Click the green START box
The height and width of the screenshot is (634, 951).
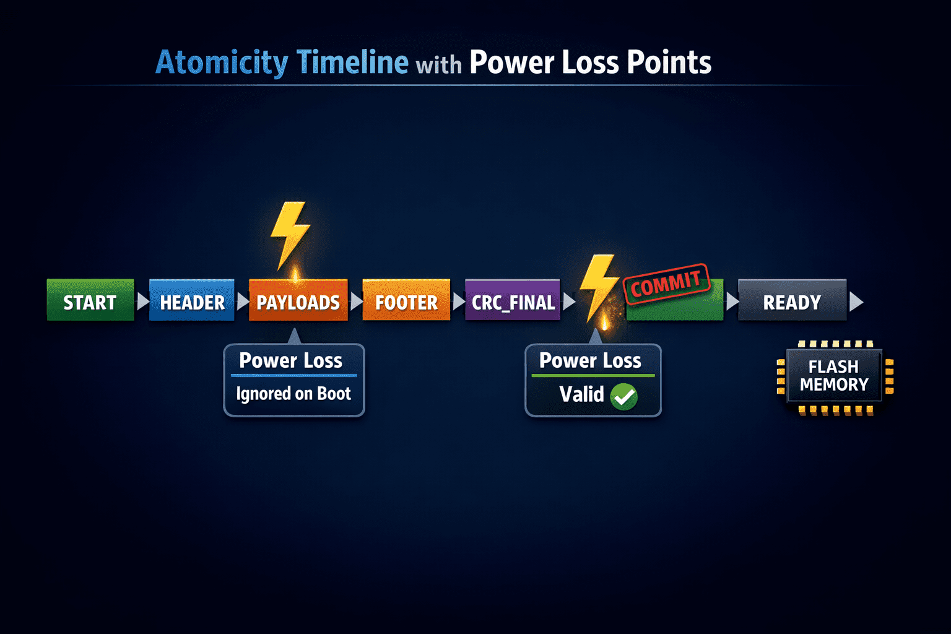(x=90, y=300)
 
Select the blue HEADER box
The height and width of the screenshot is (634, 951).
(x=192, y=300)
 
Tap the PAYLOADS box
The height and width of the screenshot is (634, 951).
(x=298, y=300)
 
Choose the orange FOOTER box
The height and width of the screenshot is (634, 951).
(x=406, y=300)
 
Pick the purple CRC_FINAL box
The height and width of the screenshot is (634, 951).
(x=513, y=300)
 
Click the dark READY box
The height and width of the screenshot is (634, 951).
(x=792, y=300)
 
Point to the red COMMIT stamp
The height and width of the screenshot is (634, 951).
(x=666, y=284)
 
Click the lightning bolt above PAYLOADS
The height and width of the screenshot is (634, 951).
(x=290, y=235)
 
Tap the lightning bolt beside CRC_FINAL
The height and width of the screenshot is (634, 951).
(x=599, y=289)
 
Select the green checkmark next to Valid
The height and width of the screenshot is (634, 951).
(x=623, y=397)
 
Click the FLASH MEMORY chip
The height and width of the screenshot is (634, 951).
(x=835, y=376)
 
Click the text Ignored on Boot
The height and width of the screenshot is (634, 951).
(x=293, y=394)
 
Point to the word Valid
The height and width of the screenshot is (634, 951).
(x=581, y=394)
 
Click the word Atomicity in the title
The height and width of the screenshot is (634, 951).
(x=222, y=63)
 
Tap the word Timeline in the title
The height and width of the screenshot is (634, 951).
(x=352, y=62)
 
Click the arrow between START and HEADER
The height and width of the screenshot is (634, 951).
(x=142, y=301)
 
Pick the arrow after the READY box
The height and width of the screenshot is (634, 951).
(x=856, y=302)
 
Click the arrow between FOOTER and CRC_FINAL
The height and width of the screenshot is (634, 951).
(x=459, y=301)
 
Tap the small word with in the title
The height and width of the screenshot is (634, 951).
(x=438, y=66)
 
